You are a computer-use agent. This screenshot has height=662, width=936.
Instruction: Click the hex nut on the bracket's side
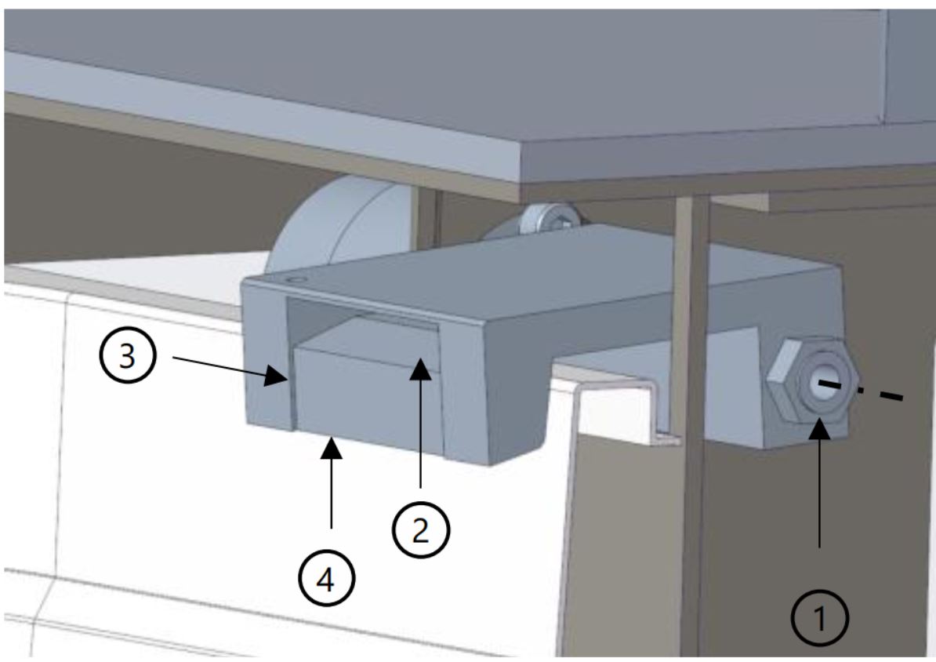(x=810, y=384)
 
